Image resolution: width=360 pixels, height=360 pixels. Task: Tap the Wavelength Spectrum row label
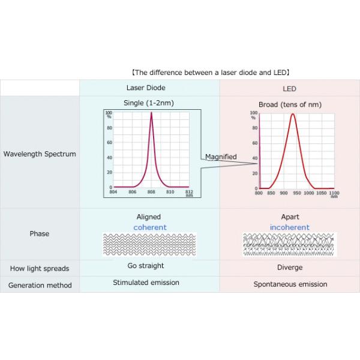(x=40, y=154)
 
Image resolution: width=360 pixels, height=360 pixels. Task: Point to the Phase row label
(x=40, y=233)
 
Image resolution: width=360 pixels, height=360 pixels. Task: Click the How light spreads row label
(x=40, y=268)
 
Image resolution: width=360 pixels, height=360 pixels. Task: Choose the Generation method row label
(x=40, y=285)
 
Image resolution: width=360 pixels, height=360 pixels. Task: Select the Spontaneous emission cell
(x=290, y=284)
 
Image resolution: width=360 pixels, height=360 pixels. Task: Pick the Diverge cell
(x=290, y=268)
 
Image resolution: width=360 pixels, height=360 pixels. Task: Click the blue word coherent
(x=150, y=227)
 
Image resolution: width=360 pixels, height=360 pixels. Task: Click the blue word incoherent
(x=290, y=228)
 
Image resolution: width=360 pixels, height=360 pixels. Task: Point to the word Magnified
(x=221, y=157)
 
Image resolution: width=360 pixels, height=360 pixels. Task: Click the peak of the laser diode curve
(x=151, y=113)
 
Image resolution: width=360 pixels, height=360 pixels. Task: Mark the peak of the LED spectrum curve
(x=293, y=114)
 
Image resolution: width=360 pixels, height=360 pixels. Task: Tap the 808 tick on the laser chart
(x=151, y=192)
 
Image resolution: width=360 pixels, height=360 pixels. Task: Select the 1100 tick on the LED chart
(x=334, y=193)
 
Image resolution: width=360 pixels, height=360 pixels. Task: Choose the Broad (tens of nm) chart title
(x=290, y=104)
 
